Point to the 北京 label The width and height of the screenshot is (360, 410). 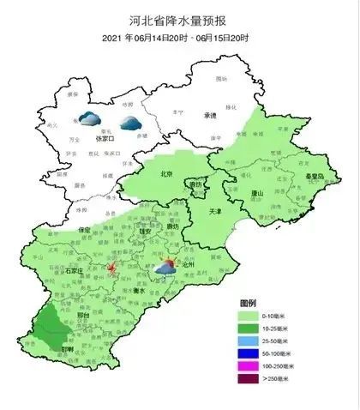[x=167, y=174]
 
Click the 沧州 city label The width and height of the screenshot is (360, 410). [x=188, y=266]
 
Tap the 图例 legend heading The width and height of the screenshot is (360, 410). [x=249, y=304]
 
